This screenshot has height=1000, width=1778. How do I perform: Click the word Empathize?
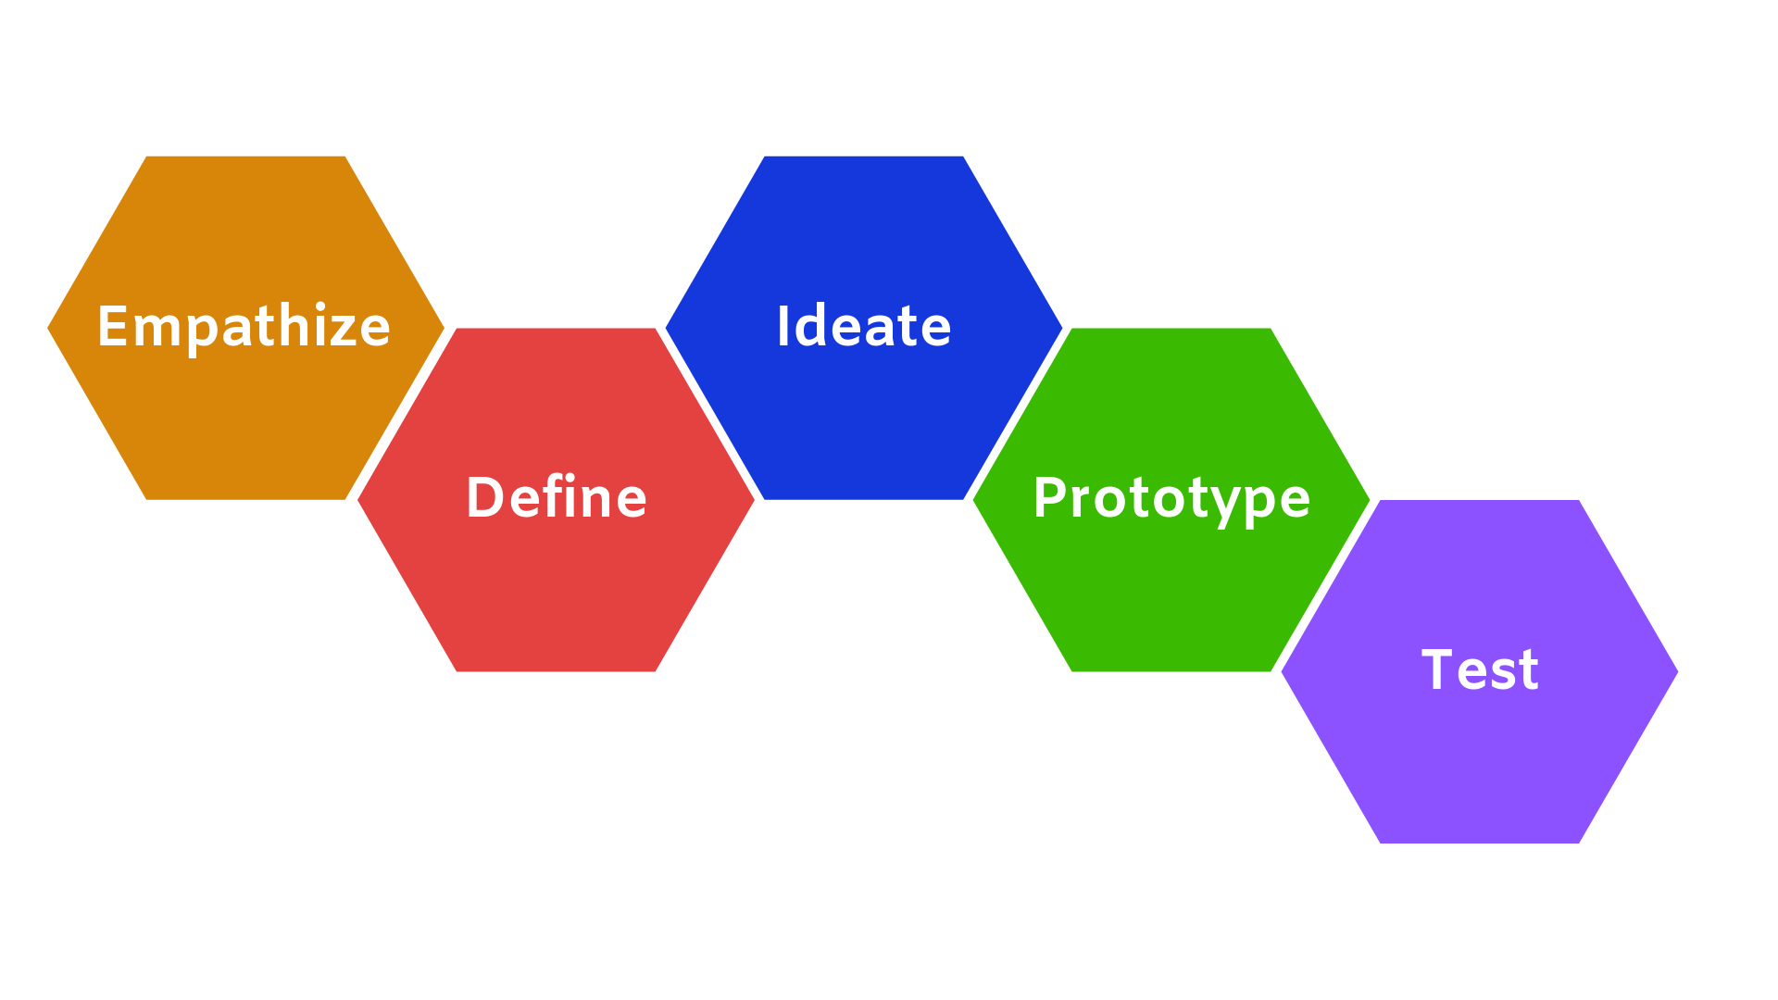pyautogui.click(x=244, y=327)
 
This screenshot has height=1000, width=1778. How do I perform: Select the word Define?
pyautogui.click(x=556, y=498)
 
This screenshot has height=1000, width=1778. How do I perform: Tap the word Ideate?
pyautogui.click(x=863, y=327)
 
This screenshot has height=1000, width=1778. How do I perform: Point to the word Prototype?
pyautogui.click(x=1171, y=498)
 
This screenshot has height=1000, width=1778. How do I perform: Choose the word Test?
pyautogui.click(x=1480, y=669)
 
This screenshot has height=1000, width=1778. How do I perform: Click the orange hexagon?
pyautogui.click(x=245, y=417)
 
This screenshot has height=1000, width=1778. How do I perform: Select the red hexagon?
pyautogui.click(x=556, y=593)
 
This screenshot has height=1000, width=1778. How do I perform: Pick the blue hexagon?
pyautogui.click(x=863, y=417)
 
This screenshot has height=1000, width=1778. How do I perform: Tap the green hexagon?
pyautogui.click(x=1171, y=593)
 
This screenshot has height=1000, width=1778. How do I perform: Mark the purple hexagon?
pyautogui.click(x=1480, y=759)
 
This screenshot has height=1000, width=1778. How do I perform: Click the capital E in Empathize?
pyautogui.click(x=111, y=326)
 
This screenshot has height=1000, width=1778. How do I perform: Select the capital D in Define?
pyautogui.click(x=483, y=497)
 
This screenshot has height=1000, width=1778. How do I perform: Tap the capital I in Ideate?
pyautogui.click(x=783, y=326)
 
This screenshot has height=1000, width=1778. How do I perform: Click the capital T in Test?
pyautogui.click(x=1438, y=669)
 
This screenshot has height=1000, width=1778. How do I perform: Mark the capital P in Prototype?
pyautogui.click(x=1049, y=497)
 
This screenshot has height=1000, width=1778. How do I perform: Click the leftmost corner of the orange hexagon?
pyautogui.click(x=49, y=328)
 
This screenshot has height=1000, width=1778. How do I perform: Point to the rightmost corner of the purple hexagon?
pyautogui.click(x=1676, y=672)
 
